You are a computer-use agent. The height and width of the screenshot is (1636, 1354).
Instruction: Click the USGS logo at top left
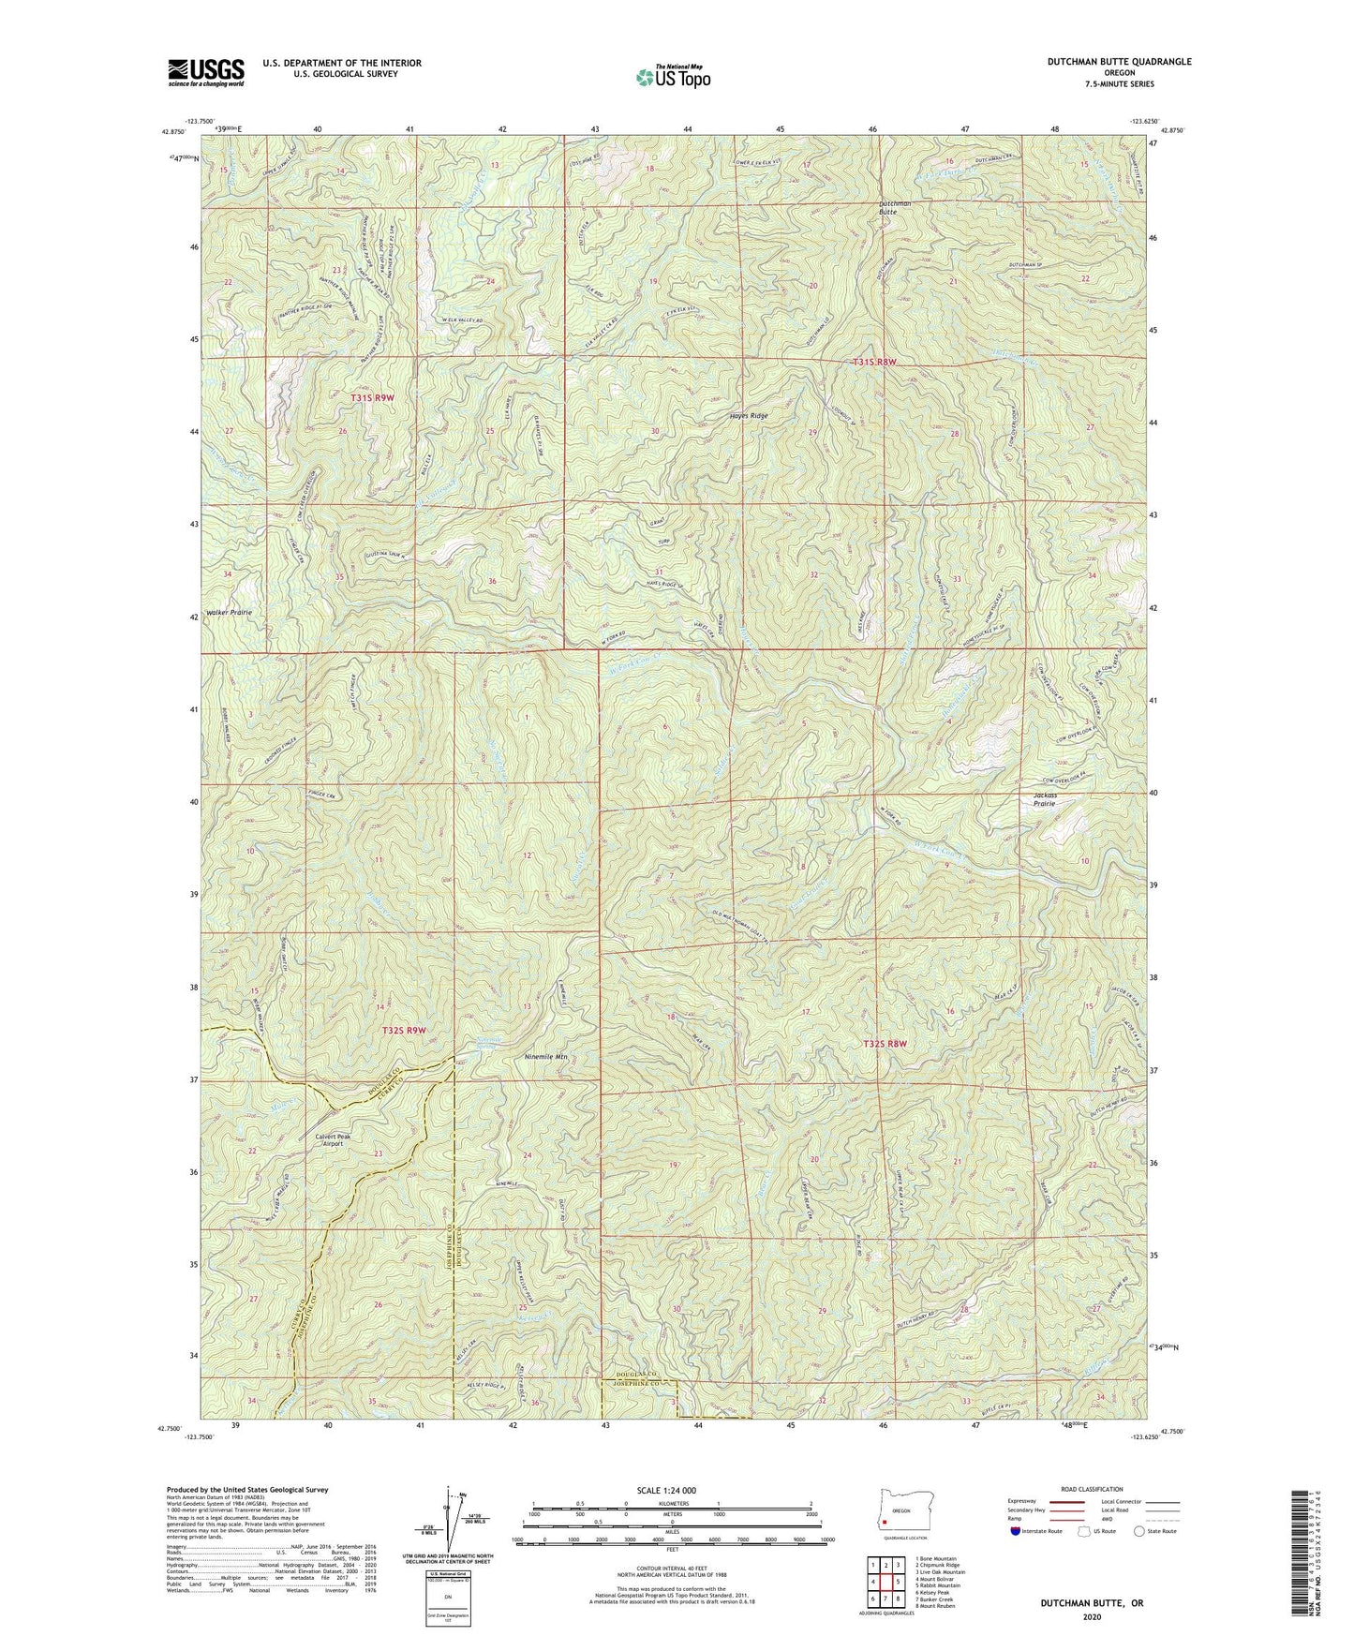[x=205, y=72]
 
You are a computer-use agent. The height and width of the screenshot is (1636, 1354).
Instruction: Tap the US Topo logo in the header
[x=672, y=78]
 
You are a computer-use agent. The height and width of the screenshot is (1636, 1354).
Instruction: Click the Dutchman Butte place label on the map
[x=874, y=207]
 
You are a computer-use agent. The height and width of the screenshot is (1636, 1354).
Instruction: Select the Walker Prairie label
[x=226, y=612]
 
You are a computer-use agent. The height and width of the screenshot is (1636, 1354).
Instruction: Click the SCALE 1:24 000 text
[x=666, y=1490]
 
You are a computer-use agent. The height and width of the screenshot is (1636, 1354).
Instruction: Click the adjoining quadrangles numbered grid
[x=885, y=1585]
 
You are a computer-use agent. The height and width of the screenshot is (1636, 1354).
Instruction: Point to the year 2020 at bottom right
[x=1091, y=1616]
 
